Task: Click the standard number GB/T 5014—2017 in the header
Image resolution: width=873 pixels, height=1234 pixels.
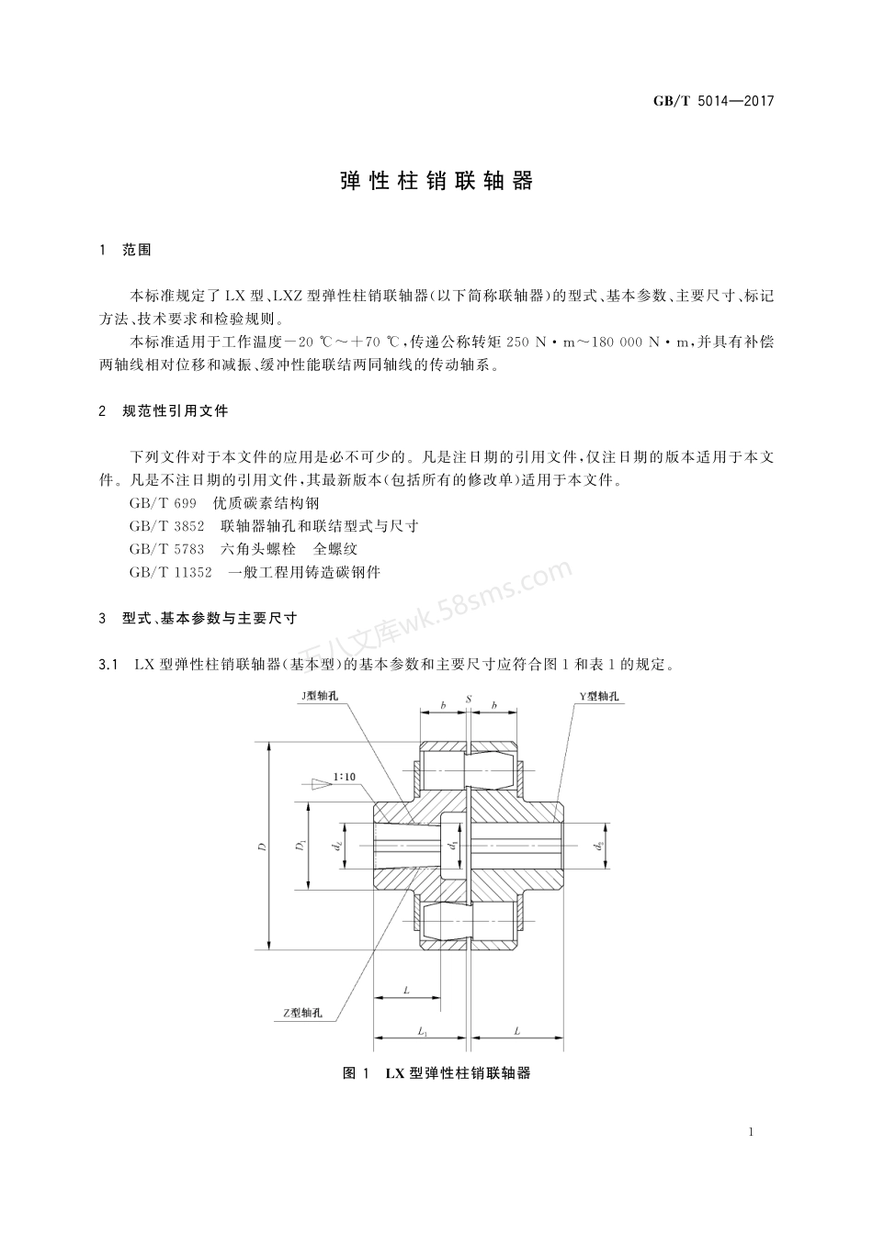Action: click(713, 101)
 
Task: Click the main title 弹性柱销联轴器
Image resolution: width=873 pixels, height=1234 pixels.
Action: click(436, 181)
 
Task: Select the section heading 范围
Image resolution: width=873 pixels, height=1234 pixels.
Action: click(136, 250)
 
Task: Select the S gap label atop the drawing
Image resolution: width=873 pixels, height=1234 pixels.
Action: click(468, 700)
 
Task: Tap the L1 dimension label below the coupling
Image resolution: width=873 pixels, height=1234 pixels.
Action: click(422, 1033)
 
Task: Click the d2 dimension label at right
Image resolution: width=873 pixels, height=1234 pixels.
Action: click(599, 846)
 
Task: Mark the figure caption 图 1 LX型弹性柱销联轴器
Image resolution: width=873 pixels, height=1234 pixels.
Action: click(436, 1073)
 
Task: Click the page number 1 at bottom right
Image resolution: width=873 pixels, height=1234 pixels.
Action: click(751, 1132)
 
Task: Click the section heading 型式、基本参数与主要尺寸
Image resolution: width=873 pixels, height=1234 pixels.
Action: click(209, 620)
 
